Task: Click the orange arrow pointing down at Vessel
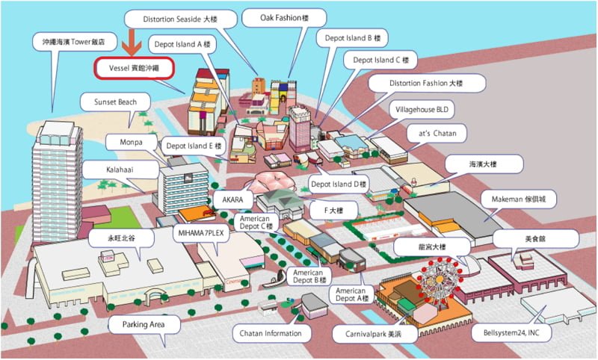132,43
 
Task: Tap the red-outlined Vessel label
135,68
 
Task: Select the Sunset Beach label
115,102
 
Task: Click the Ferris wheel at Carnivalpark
440,280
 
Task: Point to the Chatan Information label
271,333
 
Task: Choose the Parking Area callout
144,325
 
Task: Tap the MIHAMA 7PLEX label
201,233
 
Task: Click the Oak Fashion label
284,18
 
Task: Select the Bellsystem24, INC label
511,332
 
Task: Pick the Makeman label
519,199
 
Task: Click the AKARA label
232,199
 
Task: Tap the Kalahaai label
120,170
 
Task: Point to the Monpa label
132,142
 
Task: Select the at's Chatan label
437,134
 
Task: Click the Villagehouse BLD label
422,110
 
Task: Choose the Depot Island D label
339,184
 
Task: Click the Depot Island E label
194,146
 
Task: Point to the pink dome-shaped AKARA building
271,182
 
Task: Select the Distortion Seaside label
180,19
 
